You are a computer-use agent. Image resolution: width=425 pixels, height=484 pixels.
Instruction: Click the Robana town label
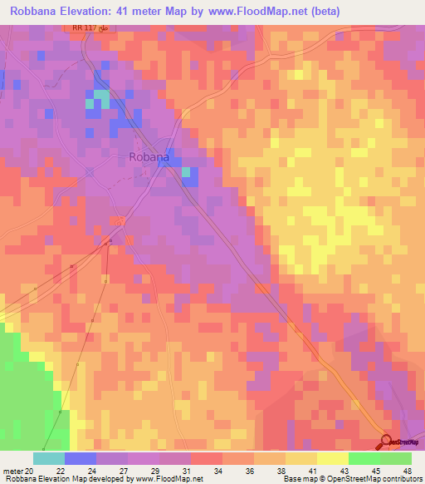point(149,156)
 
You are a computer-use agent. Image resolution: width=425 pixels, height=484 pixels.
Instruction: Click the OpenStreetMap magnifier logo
point(387,442)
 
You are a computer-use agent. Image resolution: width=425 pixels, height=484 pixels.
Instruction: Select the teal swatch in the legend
point(49,458)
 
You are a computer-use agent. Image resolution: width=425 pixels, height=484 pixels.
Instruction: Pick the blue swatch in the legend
point(81,458)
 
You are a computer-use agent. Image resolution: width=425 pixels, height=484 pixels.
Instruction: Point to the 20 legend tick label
point(31,470)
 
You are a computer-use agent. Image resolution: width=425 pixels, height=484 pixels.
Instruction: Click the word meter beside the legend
point(12,470)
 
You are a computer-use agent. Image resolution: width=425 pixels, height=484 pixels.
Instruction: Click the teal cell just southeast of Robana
point(187,172)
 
